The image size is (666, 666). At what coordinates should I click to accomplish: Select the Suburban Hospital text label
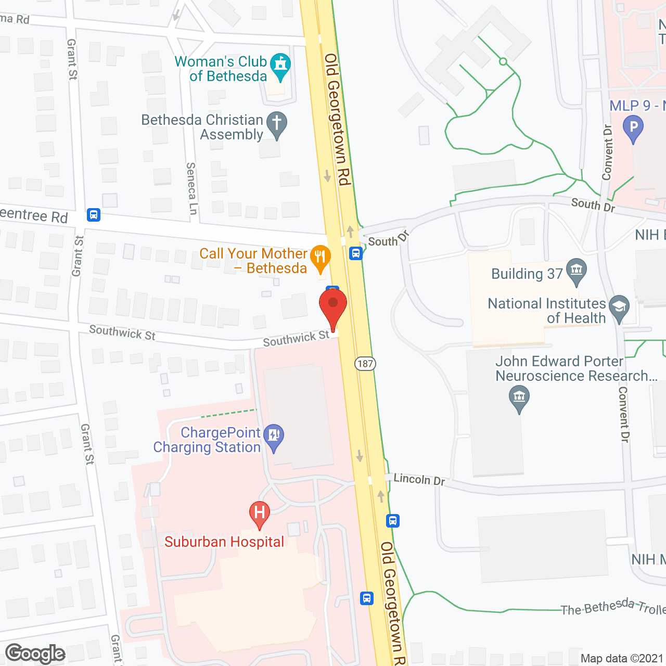pos(224,542)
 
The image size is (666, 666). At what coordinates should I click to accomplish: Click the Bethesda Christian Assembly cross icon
pos(277,124)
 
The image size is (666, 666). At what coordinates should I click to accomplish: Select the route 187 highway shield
pos(365,363)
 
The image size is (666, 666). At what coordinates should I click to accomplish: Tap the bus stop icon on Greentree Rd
pos(94,214)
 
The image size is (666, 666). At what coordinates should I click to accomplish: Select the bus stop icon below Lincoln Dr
pos(393,520)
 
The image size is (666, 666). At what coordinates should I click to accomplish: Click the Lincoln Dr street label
pos(419,479)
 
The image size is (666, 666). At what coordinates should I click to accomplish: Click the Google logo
pos(35,654)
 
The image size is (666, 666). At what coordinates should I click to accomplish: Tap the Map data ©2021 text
pos(622,658)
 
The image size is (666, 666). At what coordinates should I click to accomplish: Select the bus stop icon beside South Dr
pos(356,253)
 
